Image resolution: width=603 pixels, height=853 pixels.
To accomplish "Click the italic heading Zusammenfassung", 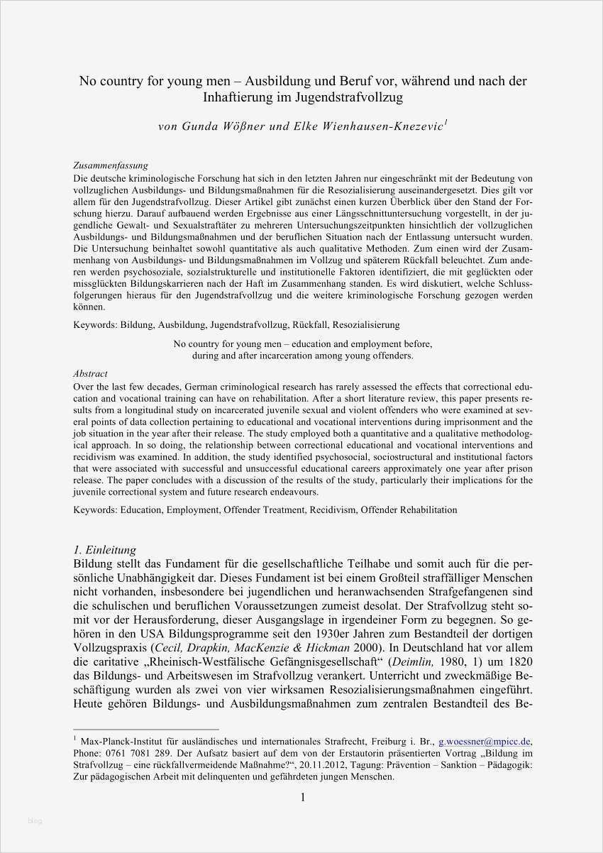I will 111,165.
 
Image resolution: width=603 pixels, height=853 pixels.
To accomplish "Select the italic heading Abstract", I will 91,373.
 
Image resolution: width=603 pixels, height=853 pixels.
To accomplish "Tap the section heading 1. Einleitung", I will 105,549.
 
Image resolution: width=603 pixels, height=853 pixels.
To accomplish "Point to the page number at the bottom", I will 303,798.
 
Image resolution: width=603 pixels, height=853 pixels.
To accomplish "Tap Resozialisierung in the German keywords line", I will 366,324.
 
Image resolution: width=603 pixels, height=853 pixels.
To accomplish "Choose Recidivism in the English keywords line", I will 333,510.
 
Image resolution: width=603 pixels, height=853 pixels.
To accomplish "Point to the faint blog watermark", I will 35,821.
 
